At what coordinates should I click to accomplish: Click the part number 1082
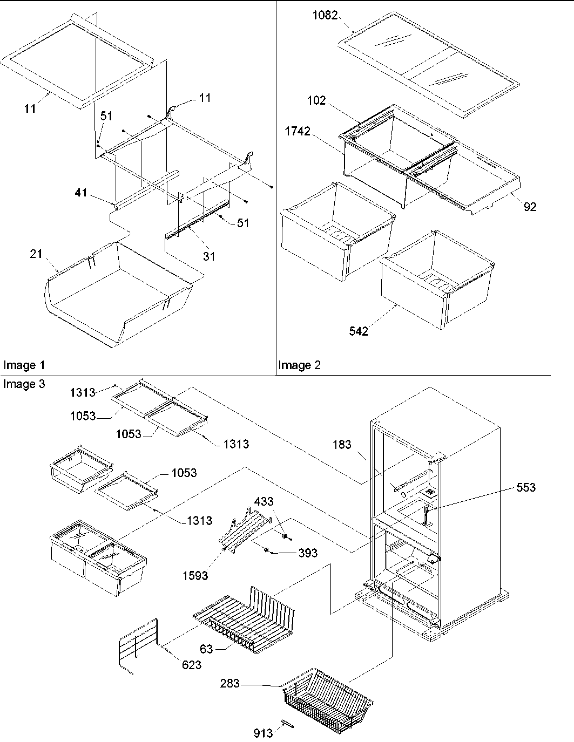pos(325,16)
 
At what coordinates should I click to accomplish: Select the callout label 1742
pos(299,131)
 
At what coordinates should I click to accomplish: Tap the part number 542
pos(358,331)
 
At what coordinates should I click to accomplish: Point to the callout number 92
pos(530,206)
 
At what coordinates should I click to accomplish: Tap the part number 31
pos(208,256)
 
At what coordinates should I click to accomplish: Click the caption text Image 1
pos(24,365)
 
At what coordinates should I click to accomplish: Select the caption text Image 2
pos(299,365)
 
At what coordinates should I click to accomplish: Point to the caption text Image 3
pos(24,384)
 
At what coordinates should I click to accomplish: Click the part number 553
pos(525,487)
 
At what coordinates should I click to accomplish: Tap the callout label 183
pos(342,444)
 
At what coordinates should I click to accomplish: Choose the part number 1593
pos(194,575)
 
